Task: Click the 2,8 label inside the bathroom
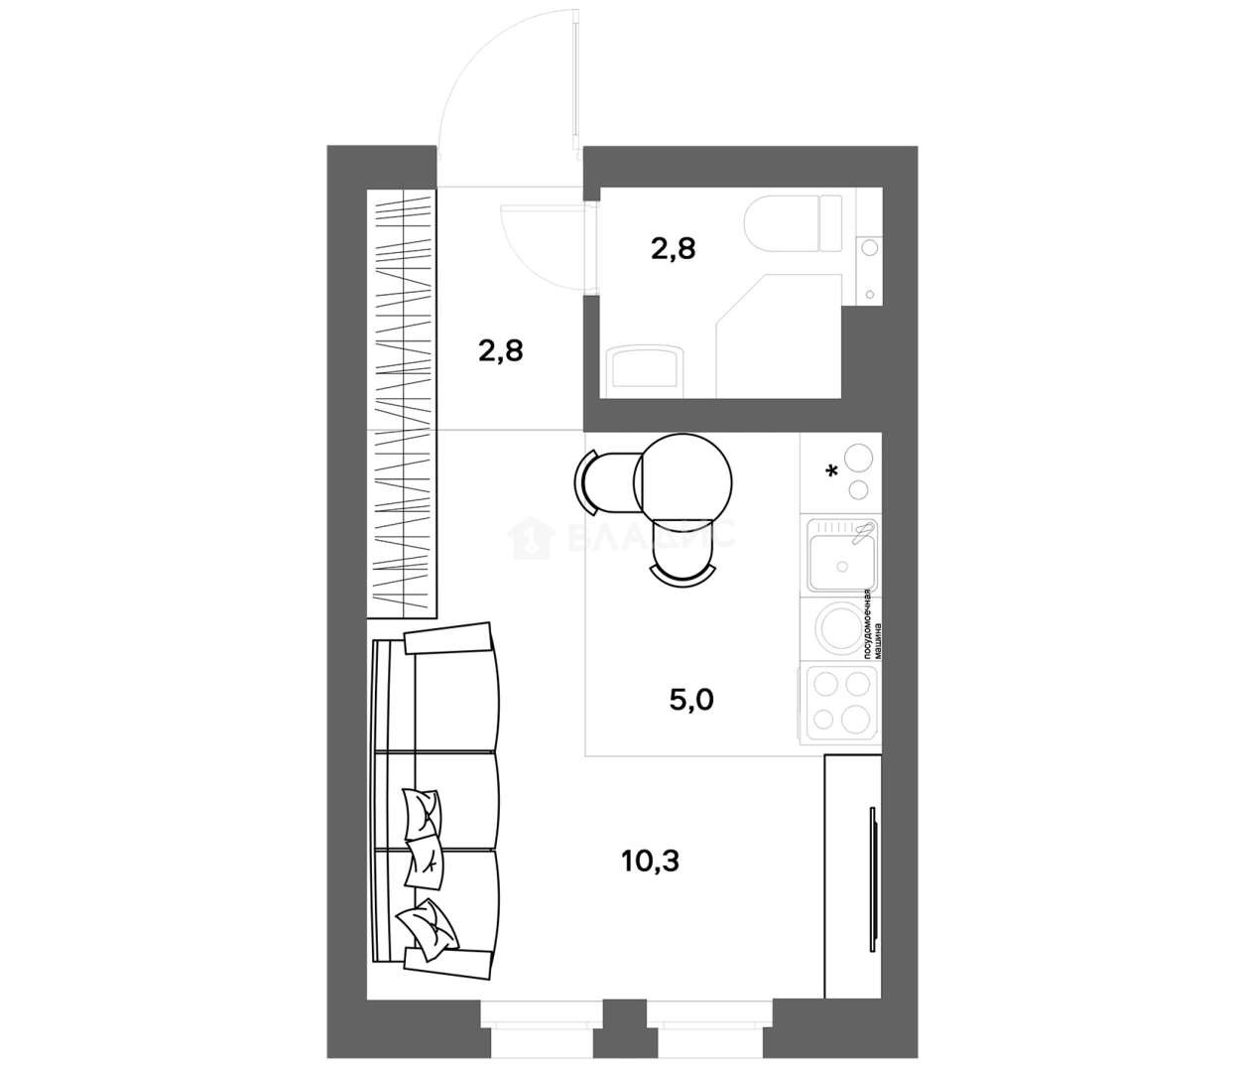673,248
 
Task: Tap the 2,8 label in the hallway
501,349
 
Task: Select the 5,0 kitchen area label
691,701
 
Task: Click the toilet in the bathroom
794,223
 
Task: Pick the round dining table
683,480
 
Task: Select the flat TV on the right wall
872,878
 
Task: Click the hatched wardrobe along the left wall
402,402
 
